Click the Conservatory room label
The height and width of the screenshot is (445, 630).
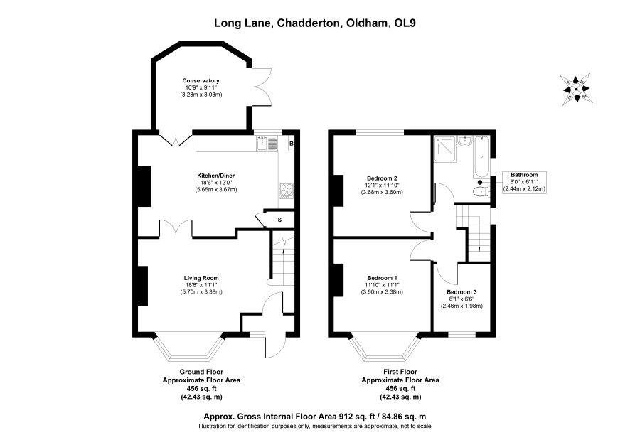pyautogui.click(x=201, y=81)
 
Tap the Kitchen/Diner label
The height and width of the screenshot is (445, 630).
pyautogui.click(x=215, y=176)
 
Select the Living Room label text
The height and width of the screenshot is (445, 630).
pyautogui.click(x=201, y=278)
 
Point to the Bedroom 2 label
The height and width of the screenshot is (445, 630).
pyautogui.click(x=382, y=178)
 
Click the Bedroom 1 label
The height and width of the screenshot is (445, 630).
pyautogui.click(x=382, y=278)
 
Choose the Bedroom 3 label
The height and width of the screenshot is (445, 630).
pyautogui.click(x=461, y=292)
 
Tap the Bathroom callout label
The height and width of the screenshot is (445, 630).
pyautogui.click(x=524, y=175)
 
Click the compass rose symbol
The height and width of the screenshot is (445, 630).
pyautogui.click(x=576, y=89)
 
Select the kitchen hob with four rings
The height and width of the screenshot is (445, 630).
pyautogui.click(x=286, y=191)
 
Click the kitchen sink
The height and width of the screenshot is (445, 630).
pyautogui.click(x=267, y=143)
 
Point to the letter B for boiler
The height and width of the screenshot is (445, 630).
pyautogui.click(x=292, y=144)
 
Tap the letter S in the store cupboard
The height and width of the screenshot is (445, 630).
pyautogui.click(x=279, y=220)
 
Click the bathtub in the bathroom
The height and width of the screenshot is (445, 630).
pyautogui.click(x=481, y=157)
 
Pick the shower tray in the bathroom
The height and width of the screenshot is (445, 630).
pyautogui.click(x=445, y=149)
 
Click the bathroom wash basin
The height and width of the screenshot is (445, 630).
pyautogui.click(x=464, y=141)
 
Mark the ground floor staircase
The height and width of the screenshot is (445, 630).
pyautogui.click(x=283, y=259)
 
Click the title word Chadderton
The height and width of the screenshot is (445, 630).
pyautogui.click(x=308, y=23)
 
